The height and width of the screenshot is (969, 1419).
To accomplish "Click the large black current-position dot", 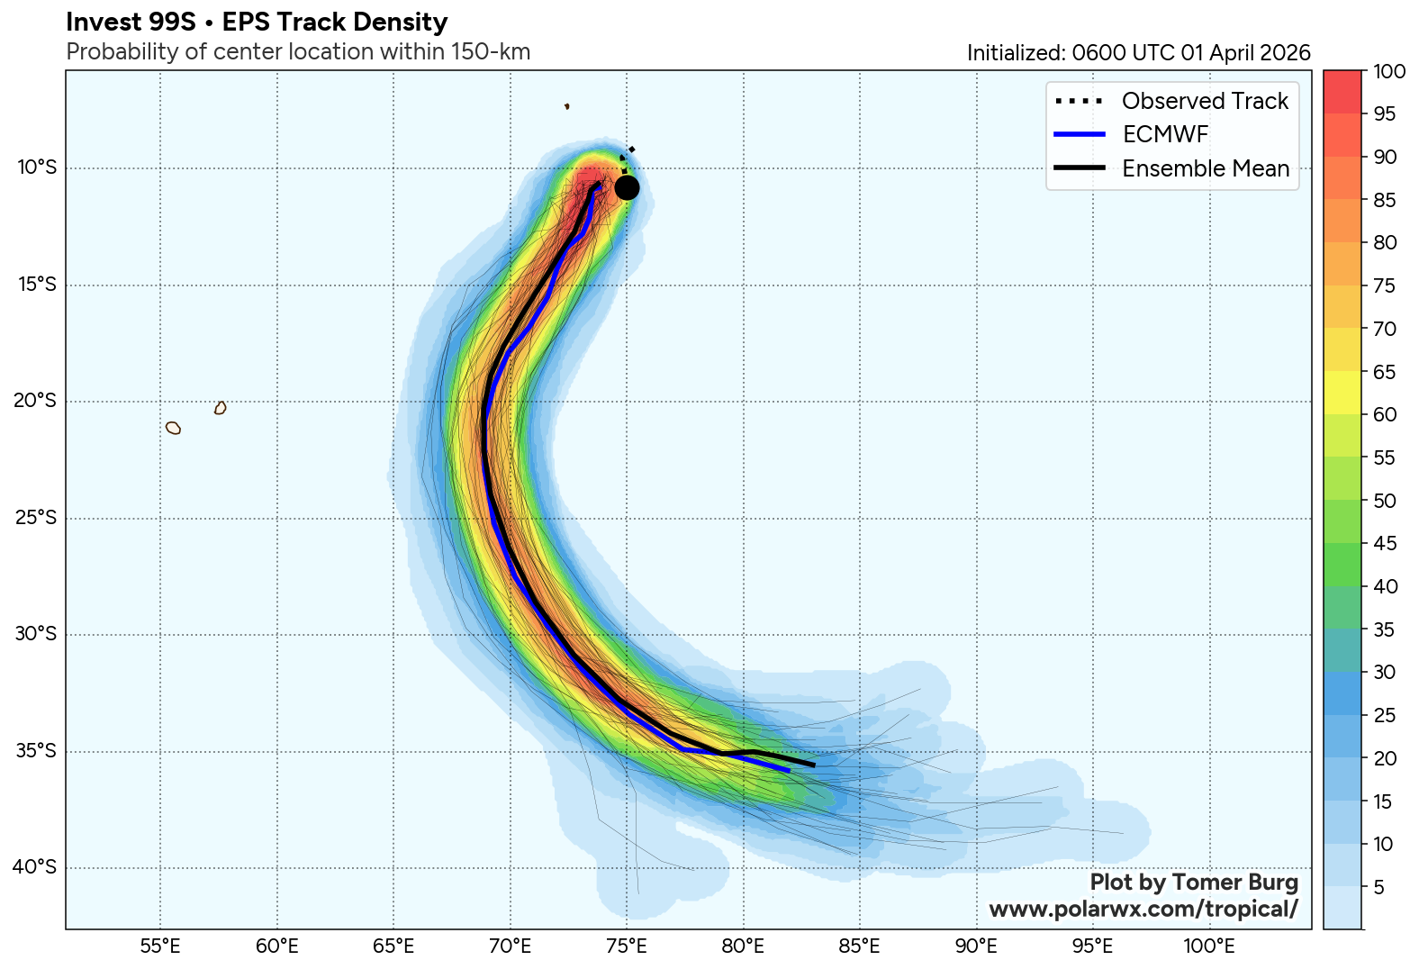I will (x=628, y=187).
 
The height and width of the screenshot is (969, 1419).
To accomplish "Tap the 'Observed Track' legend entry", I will (x=1205, y=101).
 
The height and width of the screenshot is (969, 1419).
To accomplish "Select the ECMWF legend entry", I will (x=1165, y=134).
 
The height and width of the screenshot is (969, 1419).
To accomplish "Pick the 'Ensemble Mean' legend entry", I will (x=1205, y=168).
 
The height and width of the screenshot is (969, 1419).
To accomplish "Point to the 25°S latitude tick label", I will (x=35, y=518).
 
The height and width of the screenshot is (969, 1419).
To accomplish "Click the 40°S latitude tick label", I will (x=35, y=867).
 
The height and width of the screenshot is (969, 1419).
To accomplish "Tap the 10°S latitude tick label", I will (x=35, y=168).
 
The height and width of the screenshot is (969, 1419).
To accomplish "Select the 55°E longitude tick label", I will (x=160, y=946).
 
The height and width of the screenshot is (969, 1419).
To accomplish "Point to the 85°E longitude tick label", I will (x=860, y=946).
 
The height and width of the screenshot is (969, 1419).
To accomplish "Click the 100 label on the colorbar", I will (x=1390, y=72).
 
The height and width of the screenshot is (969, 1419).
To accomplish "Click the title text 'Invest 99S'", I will (x=131, y=23).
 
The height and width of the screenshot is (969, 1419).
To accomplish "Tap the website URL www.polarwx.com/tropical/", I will (x=1143, y=909).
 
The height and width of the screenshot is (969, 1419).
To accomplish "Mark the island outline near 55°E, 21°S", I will (x=174, y=428).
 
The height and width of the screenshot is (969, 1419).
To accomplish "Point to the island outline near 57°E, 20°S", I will (x=221, y=408).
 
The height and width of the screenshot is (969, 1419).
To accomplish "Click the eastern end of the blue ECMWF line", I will (x=789, y=770).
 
